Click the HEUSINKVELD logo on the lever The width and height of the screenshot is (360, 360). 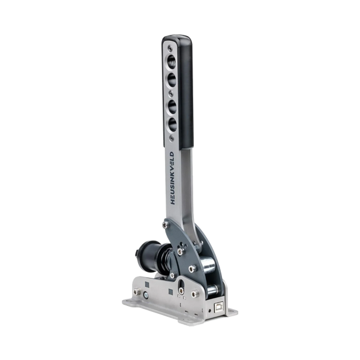click(172, 178)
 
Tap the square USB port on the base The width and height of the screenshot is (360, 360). click(219, 307)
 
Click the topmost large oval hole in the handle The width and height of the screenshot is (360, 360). click(172, 61)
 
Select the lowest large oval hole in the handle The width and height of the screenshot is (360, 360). click(172, 125)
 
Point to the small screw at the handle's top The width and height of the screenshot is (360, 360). click(170, 48)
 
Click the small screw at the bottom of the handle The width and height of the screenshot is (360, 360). click(171, 138)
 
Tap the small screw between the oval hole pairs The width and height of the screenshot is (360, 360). click(171, 93)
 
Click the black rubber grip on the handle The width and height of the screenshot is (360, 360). click(185, 92)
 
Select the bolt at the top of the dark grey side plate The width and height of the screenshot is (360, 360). click(165, 225)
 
